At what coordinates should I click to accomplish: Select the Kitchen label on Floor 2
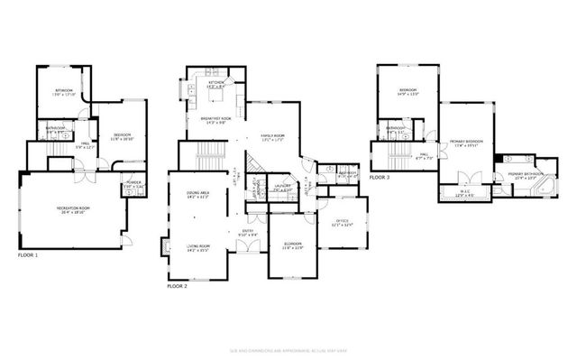[216, 84]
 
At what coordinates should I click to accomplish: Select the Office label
[342, 222]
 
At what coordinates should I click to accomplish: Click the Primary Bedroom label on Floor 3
[466, 143]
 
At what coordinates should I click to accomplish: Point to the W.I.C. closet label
[463, 194]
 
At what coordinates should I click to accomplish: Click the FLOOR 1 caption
[29, 255]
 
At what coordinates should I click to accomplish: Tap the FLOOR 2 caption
[177, 285]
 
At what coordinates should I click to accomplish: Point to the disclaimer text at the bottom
[288, 349]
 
